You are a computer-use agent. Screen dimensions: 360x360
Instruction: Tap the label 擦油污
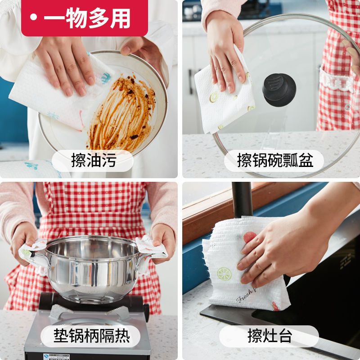click(x=93, y=160)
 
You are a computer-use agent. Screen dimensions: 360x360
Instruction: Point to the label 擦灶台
click(x=270, y=336)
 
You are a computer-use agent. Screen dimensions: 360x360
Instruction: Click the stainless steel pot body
click(x=92, y=270)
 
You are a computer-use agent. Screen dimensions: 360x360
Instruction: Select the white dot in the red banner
click(x=33, y=18)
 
